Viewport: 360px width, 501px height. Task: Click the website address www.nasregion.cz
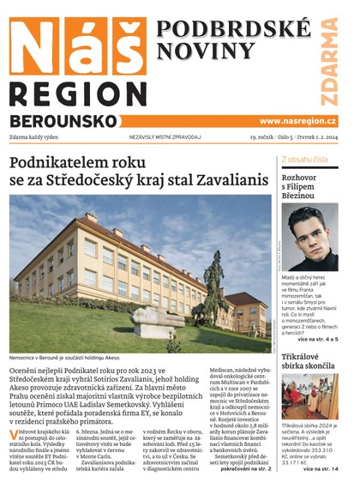tap(297, 122)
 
